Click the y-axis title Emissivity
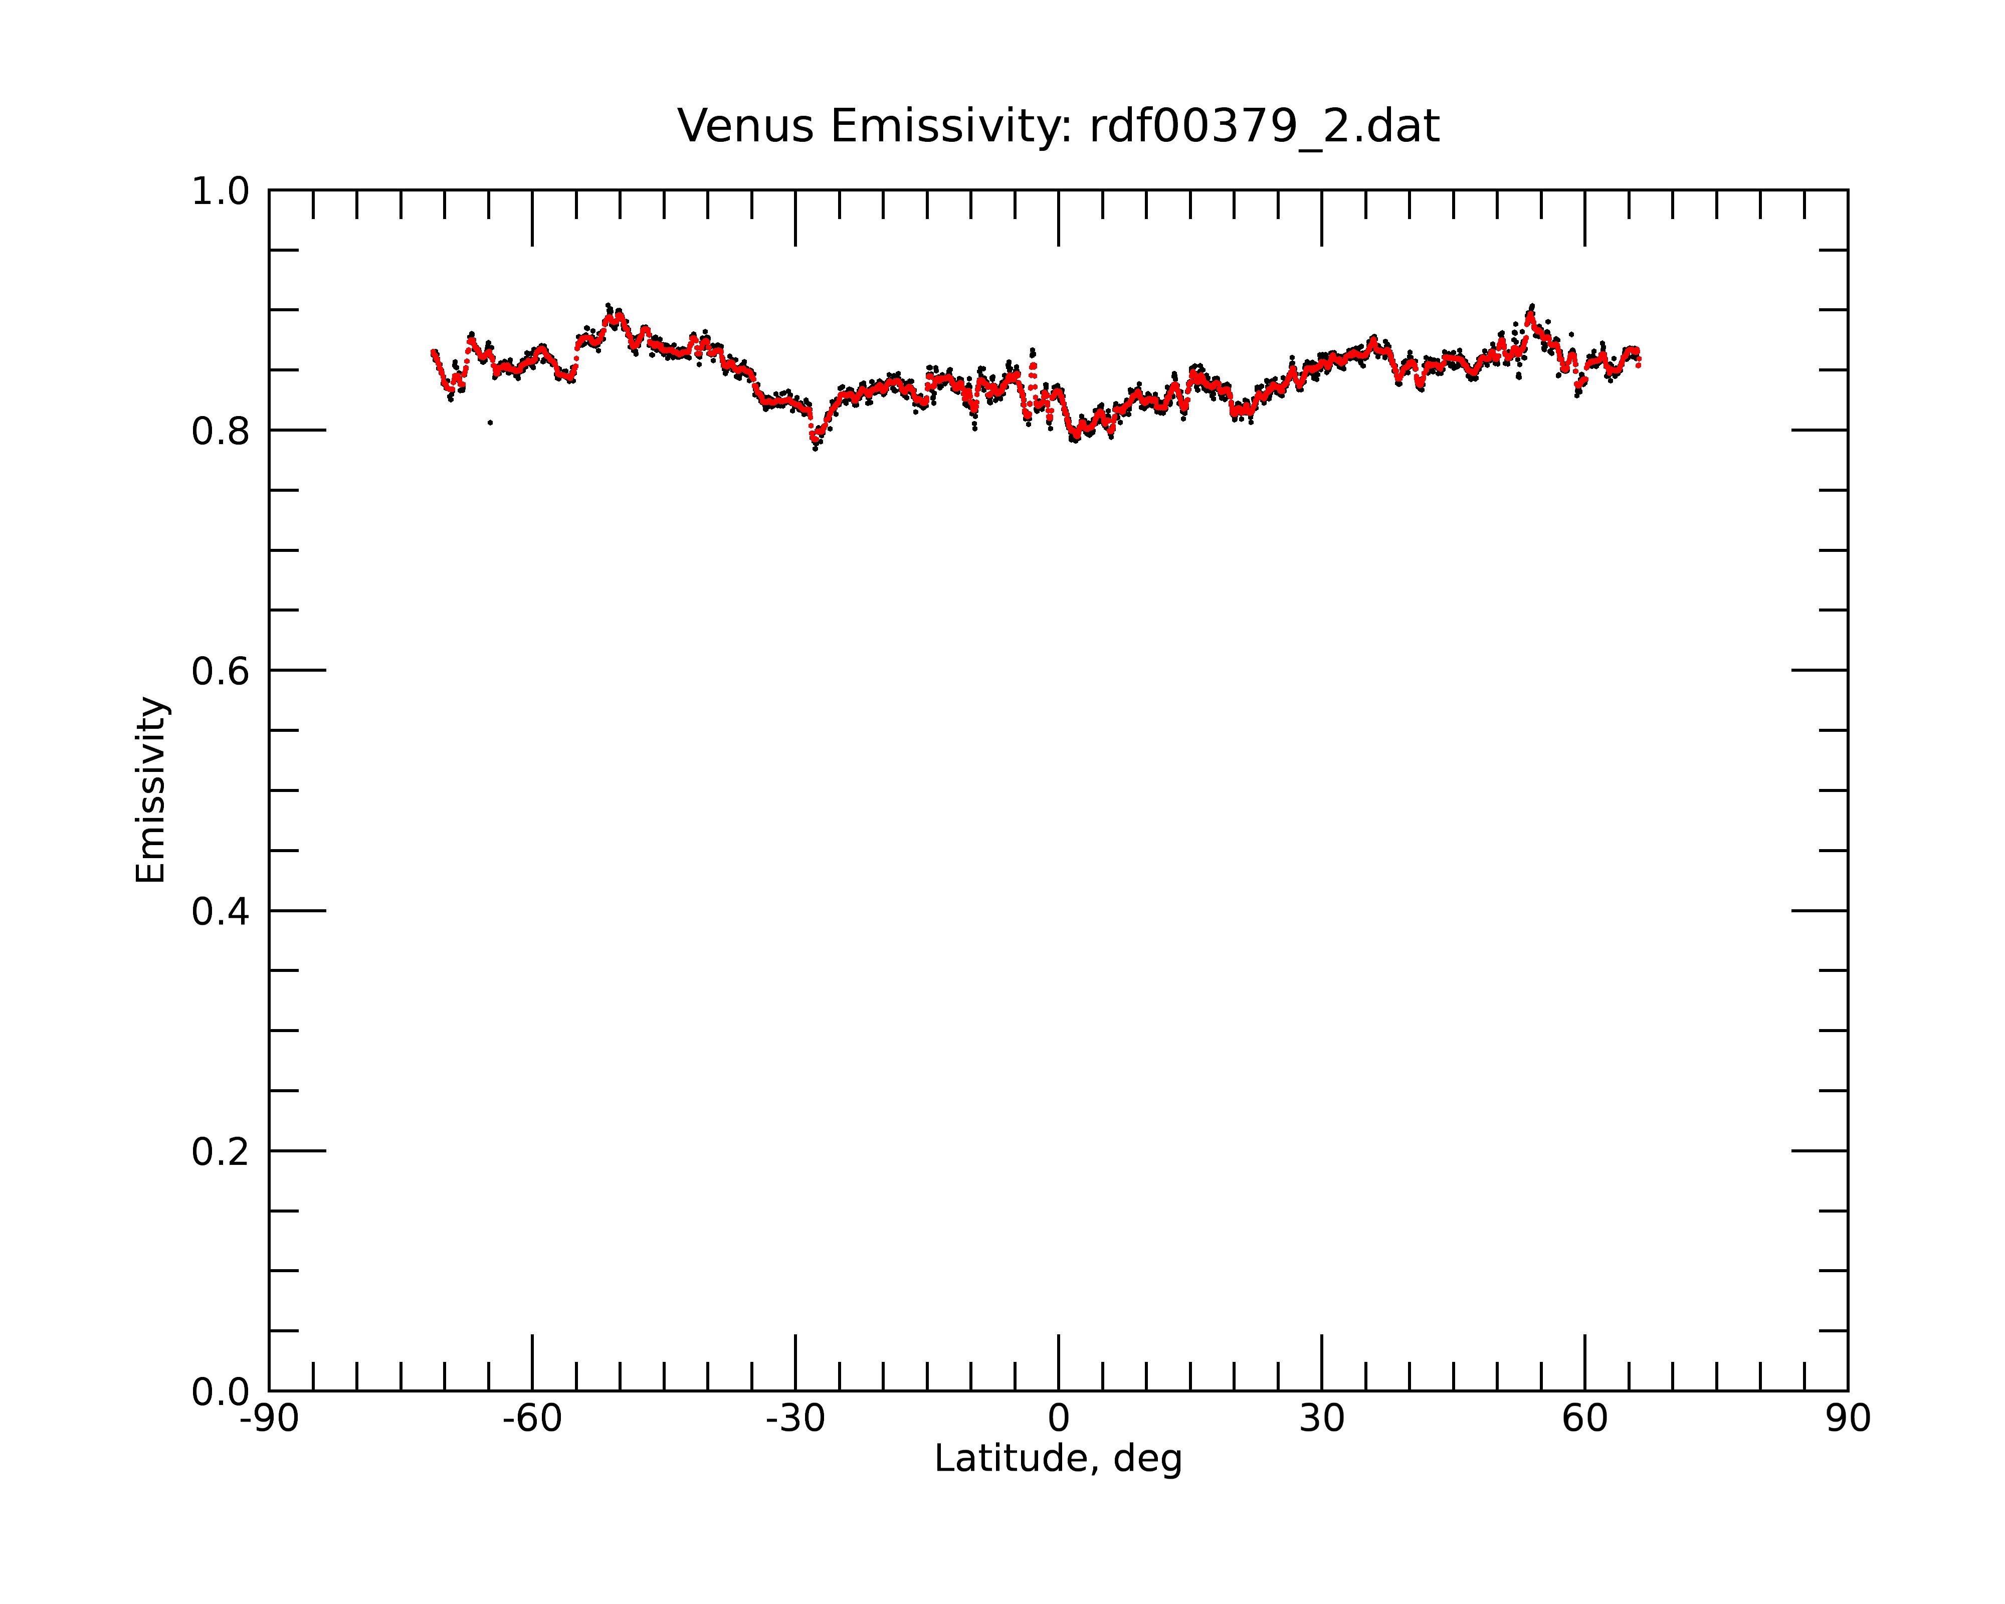point(151,789)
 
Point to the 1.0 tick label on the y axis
point(221,191)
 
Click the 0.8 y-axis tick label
point(221,432)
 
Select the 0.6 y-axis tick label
point(221,671)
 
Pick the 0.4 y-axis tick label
point(221,912)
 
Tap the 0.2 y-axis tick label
point(221,1152)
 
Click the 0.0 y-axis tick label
point(221,1392)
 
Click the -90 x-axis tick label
point(269,1419)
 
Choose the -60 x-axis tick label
point(532,1419)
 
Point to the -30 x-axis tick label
point(795,1419)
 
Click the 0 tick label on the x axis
point(1058,1419)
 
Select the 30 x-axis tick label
point(1321,1419)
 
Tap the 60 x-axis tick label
point(1584,1419)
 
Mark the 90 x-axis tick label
point(1848,1419)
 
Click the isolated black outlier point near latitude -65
point(490,423)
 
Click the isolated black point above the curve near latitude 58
point(1571,334)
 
